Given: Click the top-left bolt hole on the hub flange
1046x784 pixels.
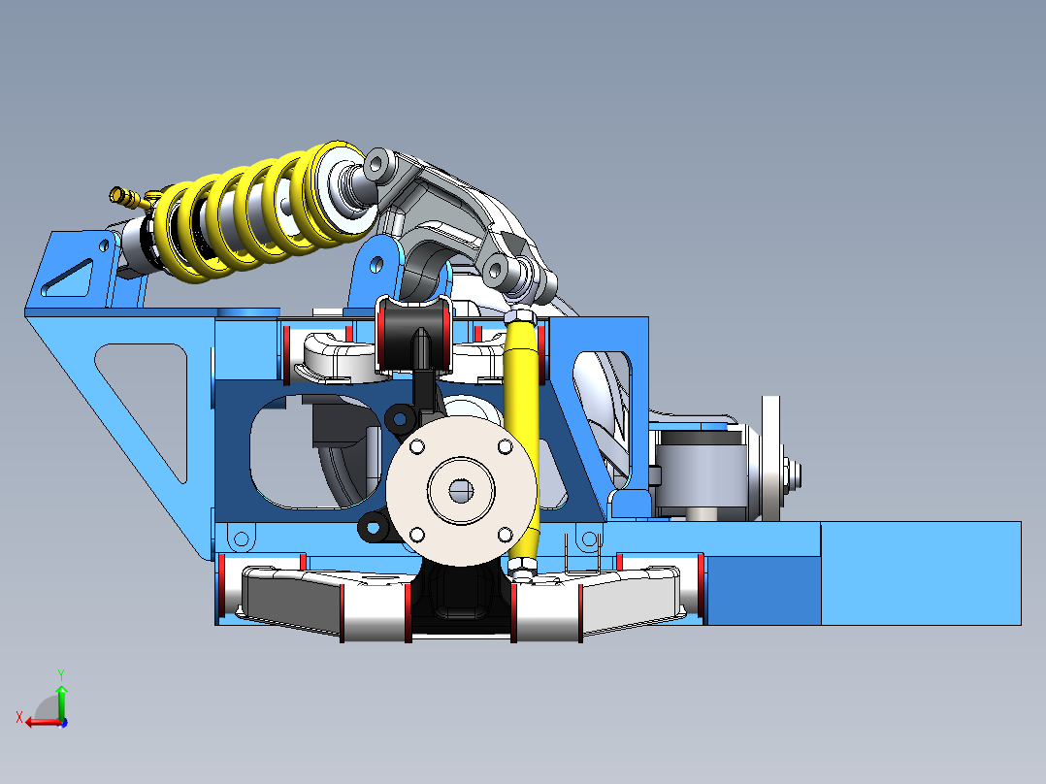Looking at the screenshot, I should click(417, 446).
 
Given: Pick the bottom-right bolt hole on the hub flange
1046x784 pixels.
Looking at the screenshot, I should click(505, 534).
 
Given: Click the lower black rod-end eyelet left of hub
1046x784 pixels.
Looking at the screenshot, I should click(373, 528).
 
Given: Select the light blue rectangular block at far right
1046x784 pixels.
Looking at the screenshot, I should click(920, 572).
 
